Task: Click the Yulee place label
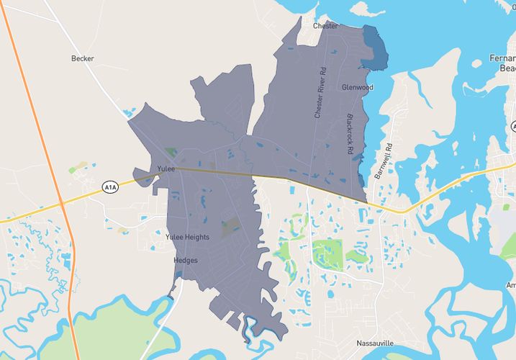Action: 166,169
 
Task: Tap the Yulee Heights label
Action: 187,237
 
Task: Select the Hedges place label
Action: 185,260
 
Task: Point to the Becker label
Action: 83,59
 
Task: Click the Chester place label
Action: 325,26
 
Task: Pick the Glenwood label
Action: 357,87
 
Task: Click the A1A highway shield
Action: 109,187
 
